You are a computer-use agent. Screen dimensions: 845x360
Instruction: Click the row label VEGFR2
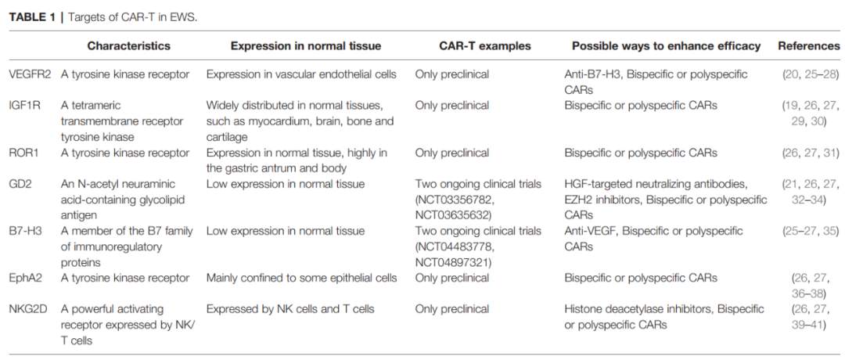coord(30,74)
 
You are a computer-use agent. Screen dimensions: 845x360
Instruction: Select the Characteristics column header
coord(129,46)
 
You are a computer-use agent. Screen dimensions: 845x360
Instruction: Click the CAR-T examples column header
coord(485,46)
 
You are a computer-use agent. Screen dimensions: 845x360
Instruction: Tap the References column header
coord(808,46)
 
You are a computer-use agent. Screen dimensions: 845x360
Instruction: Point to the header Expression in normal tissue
coord(306,46)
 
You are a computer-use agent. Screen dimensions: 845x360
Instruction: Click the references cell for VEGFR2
coord(811,74)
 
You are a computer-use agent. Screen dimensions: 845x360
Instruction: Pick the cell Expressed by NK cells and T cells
coord(291,309)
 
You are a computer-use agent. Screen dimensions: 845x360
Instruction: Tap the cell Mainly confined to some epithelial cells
coord(301,278)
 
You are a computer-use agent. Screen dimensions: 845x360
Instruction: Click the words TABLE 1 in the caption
coord(31,16)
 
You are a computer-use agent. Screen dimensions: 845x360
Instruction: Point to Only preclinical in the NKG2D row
coord(451,309)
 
